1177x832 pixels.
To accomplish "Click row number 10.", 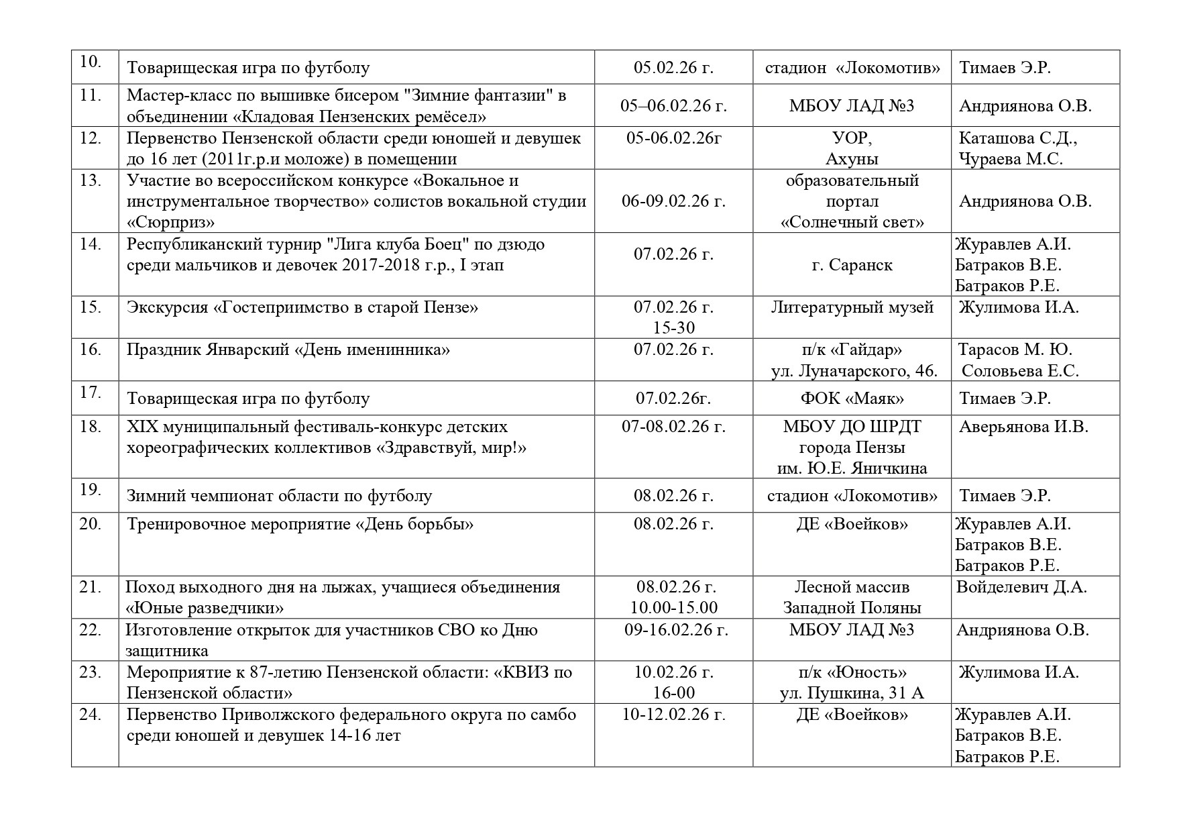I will point(90,62).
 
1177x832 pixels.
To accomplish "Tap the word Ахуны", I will point(852,159).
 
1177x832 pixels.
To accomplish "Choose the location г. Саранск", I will point(852,265).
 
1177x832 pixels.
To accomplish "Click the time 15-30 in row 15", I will point(673,328).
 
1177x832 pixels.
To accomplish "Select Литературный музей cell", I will point(852,307).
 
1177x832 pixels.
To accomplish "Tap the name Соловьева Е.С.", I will point(1019,371).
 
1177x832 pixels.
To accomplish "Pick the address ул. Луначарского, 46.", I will point(854,371).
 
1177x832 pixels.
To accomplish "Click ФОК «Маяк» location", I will point(852,399).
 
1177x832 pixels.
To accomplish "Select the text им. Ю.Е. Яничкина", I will point(852,468).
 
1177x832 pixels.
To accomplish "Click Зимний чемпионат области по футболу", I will point(279,496).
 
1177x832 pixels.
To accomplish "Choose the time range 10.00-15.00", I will point(673,608).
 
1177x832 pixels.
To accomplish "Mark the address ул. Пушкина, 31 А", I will point(852,693).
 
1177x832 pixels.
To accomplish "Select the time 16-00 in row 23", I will point(673,693).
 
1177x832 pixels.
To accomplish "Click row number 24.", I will point(90,715).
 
